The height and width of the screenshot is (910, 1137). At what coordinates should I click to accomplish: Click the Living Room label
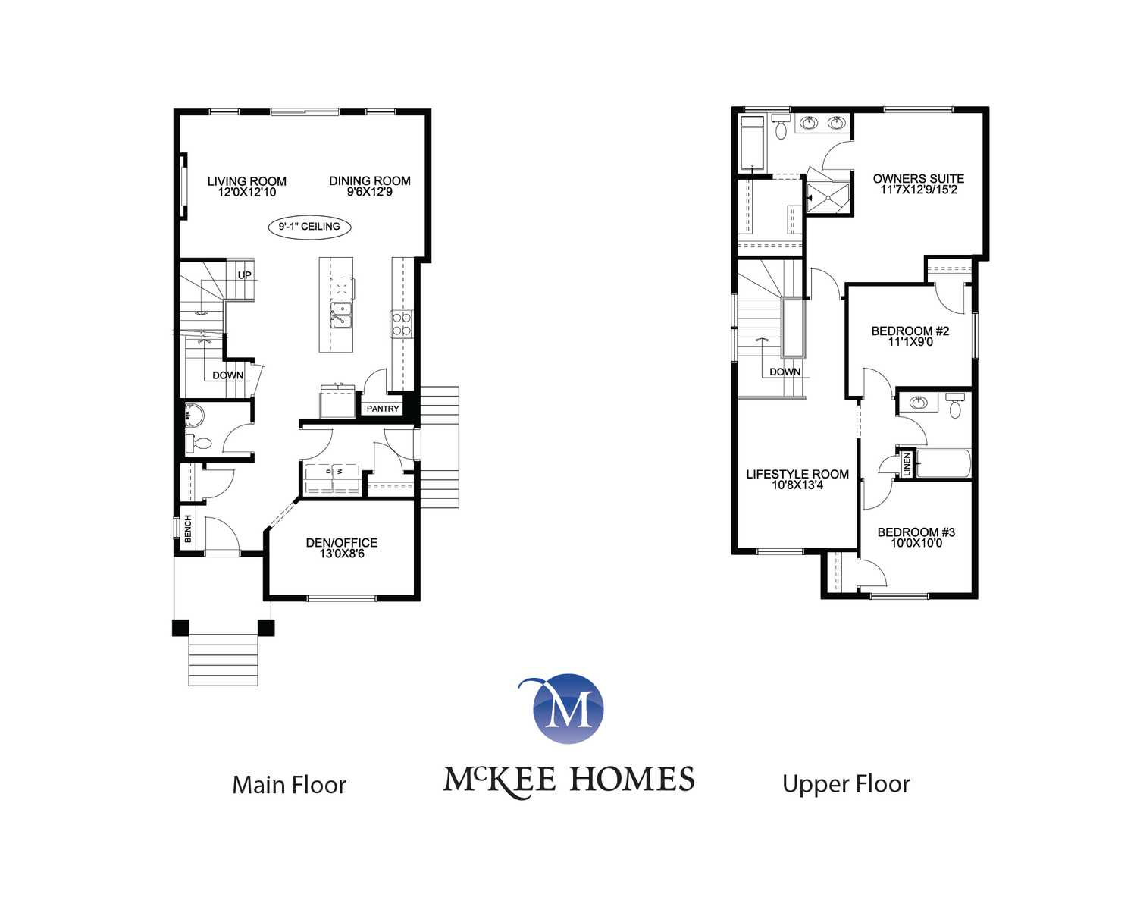247,181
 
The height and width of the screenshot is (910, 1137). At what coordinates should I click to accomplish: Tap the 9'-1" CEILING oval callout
309,227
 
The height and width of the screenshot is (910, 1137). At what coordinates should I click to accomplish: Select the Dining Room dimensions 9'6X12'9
370,192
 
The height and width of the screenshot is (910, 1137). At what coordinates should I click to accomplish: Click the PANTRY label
383,409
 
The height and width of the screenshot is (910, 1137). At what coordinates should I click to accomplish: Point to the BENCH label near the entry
187,529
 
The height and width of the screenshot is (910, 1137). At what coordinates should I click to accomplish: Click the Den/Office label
342,542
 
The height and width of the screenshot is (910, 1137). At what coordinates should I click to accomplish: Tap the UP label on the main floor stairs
245,275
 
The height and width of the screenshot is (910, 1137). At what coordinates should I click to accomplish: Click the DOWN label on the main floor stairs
227,375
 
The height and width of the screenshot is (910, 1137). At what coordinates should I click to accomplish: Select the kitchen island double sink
341,315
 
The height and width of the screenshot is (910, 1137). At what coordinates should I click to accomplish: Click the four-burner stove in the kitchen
401,324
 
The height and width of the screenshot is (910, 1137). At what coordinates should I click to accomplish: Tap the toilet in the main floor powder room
199,443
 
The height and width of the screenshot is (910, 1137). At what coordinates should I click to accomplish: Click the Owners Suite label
918,179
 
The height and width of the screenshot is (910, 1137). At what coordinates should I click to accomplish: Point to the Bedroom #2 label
910,331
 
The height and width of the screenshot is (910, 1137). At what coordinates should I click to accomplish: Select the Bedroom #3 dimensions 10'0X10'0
916,543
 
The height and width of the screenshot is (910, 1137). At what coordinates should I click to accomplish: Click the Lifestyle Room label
797,474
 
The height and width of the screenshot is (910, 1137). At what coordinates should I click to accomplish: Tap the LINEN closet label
907,464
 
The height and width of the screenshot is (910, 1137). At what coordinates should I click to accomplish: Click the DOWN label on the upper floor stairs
785,372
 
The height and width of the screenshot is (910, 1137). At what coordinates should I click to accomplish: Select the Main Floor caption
289,785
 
